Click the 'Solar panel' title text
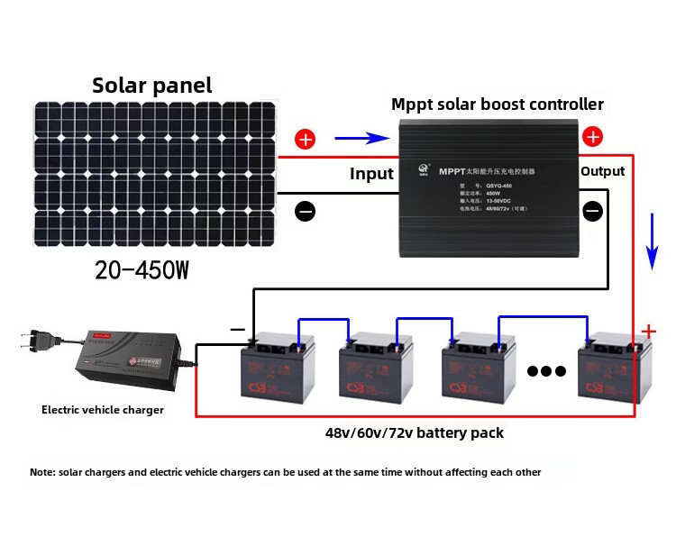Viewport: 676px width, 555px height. point(151,86)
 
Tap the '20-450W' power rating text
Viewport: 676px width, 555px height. point(142,269)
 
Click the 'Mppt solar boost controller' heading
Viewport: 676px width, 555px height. point(497,105)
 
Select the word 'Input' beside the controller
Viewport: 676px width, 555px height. point(371,174)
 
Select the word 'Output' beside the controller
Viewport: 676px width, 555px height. point(602,170)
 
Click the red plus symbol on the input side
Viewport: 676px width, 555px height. point(306,140)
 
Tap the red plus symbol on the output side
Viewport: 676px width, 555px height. point(592,137)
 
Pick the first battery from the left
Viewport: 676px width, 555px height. point(275,370)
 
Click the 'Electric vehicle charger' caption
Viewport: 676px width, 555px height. point(103,410)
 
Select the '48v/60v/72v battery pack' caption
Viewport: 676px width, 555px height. point(414,432)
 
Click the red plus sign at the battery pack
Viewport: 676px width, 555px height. point(648,331)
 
